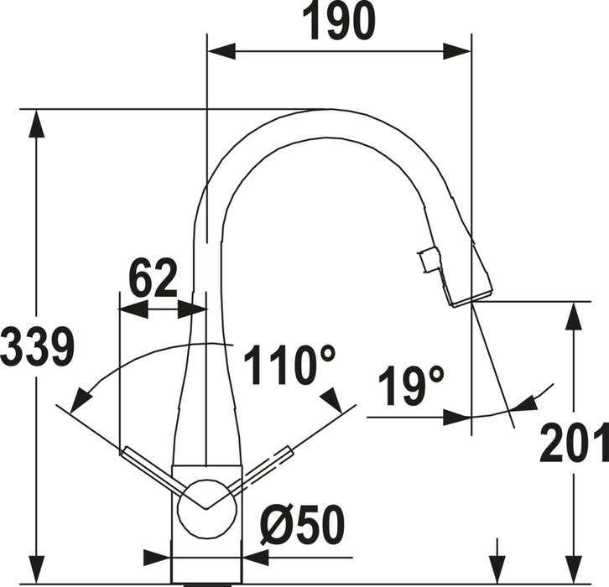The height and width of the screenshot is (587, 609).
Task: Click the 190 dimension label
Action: click(339, 21)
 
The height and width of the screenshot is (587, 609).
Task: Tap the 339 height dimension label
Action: click(37, 346)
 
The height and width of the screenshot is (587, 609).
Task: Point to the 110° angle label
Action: click(289, 365)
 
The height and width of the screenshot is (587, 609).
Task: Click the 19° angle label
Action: click(410, 386)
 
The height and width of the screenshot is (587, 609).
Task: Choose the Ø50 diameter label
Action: click(303, 524)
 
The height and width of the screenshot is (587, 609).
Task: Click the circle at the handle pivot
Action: click(206, 508)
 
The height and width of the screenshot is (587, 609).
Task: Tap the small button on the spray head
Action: click(428, 261)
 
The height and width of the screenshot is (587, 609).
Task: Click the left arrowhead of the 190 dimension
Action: click(221, 51)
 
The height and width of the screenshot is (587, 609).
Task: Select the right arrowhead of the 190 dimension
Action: click(457, 51)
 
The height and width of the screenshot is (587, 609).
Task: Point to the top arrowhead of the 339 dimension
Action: click(37, 123)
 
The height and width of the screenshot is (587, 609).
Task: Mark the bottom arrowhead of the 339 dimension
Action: click(37, 569)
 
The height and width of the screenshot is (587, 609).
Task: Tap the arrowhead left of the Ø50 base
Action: click(158, 558)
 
